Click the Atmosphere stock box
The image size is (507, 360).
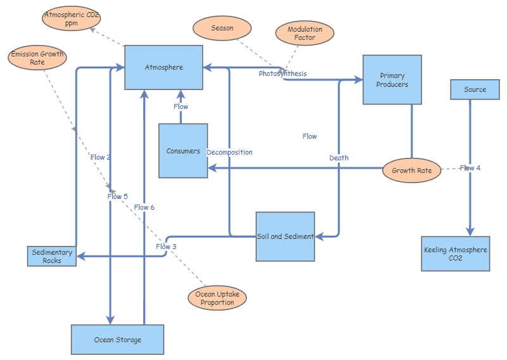(164, 67)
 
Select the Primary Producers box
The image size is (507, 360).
(392, 80)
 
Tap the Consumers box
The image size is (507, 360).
(183, 151)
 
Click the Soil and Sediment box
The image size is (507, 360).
(285, 236)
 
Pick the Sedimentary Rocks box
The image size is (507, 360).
(52, 256)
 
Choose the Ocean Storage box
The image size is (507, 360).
(117, 340)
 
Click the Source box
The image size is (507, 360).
(475, 89)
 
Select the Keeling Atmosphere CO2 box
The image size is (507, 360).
(456, 254)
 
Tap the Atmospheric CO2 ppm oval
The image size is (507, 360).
(72, 18)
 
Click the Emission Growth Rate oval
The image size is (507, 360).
(37, 58)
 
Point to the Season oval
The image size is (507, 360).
(222, 29)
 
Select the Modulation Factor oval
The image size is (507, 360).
(305, 34)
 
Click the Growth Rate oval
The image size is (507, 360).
(411, 170)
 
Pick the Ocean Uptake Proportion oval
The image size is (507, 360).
(217, 298)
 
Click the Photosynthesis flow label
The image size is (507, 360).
(283, 74)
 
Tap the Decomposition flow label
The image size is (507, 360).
(229, 152)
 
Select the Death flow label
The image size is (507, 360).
(338, 158)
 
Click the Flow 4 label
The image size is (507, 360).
(470, 168)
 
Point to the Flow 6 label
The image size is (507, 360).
(144, 207)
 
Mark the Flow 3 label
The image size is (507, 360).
(166, 247)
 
